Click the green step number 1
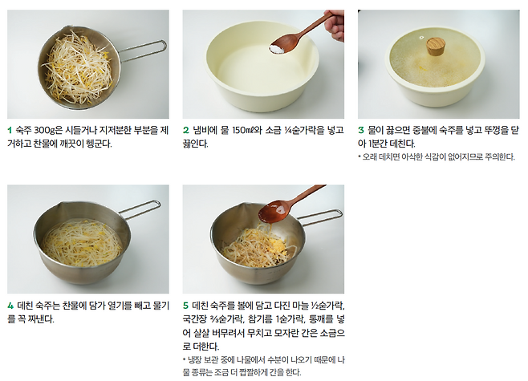(x=10, y=130)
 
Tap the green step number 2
(x=186, y=130)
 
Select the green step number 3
(x=361, y=130)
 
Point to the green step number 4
(x=10, y=306)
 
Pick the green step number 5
(x=186, y=306)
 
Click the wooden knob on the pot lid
(x=436, y=47)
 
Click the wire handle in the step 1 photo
(x=144, y=51)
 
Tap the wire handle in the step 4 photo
(x=140, y=209)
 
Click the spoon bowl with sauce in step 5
(x=274, y=212)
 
